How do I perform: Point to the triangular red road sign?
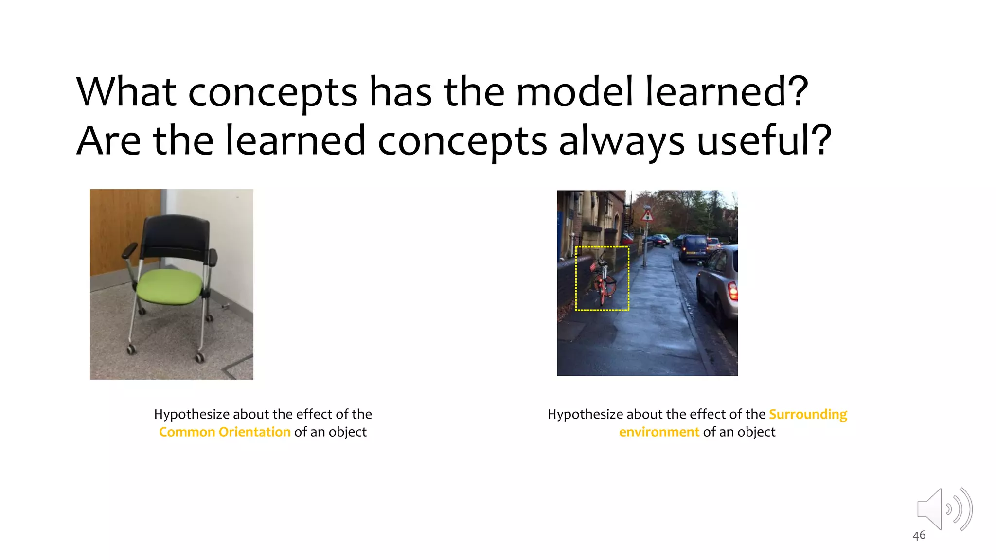coord(647,214)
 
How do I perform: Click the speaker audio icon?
coord(943,509)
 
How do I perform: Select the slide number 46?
coord(919,536)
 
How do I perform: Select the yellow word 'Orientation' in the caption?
coord(254,432)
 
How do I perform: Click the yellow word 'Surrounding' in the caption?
coord(808,414)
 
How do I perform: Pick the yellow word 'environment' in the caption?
coord(659,432)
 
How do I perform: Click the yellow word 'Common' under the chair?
coord(187,432)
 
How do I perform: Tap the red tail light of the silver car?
coord(732,291)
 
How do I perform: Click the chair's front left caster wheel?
coord(131,349)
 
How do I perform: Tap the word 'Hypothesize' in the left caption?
coord(192,414)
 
